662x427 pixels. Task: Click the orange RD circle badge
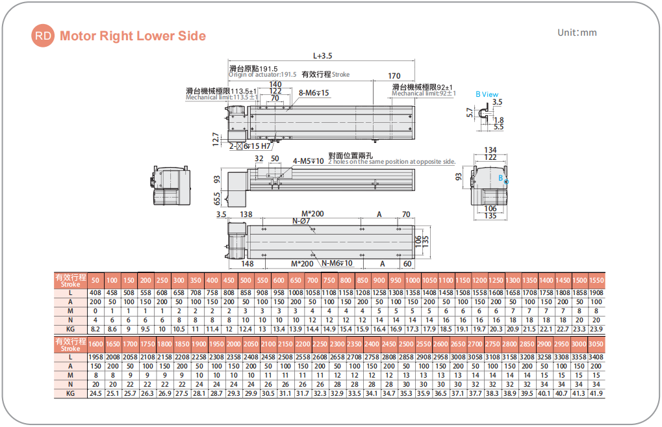click(44, 36)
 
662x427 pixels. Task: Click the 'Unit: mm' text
click(577, 32)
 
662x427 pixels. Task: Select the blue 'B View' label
click(487, 94)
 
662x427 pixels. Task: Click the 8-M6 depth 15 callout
click(314, 93)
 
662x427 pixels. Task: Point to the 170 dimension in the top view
click(394, 76)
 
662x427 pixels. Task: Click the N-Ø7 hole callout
click(301, 221)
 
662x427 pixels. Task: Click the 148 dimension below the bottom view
click(247, 263)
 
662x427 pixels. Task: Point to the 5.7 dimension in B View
click(470, 112)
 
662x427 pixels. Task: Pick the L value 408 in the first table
click(95, 293)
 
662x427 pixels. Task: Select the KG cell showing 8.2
click(95, 330)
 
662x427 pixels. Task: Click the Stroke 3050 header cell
click(595, 344)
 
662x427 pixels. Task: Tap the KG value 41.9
click(595, 393)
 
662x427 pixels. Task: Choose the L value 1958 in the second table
click(95, 357)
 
